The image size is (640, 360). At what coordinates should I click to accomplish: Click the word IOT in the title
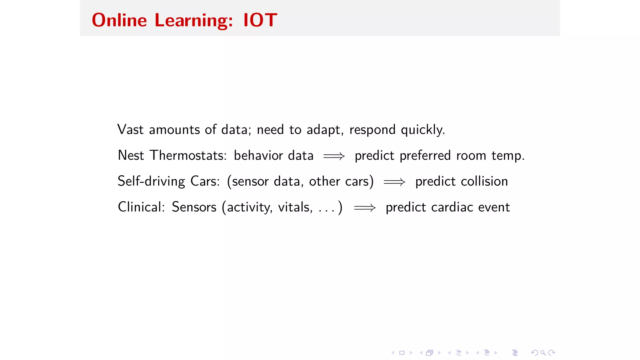pos(260,20)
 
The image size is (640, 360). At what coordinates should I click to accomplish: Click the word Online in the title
pos(119,20)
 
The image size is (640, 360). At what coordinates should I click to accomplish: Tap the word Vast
pos(130,130)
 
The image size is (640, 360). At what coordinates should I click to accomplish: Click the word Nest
pos(131,156)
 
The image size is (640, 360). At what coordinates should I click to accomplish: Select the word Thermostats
pos(188,156)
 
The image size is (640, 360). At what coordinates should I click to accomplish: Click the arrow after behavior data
pos(334,156)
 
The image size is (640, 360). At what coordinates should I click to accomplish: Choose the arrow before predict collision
pos(394,182)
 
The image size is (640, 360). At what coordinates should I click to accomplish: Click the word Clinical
pos(141,207)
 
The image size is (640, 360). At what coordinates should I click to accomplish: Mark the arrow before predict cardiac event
pos(365,208)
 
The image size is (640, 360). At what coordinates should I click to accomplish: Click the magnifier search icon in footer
pos(543,353)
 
